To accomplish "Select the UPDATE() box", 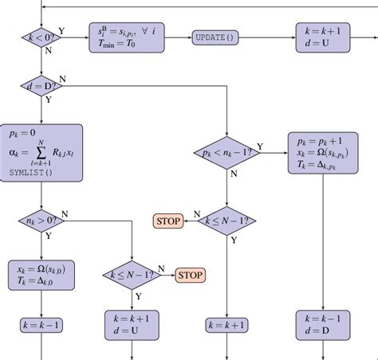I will point(215,37).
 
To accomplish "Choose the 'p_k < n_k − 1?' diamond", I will point(228,151).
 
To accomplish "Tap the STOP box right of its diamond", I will point(190,275).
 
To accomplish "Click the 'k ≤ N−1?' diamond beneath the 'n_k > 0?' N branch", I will point(132,275).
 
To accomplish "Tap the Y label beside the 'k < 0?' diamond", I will point(62,30).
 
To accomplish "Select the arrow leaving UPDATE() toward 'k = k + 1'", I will point(266,37).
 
